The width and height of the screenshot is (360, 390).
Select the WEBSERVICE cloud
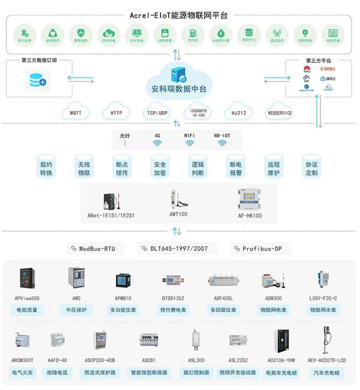280,113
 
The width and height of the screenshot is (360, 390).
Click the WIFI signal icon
189,143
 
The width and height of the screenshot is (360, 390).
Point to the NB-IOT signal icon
222,143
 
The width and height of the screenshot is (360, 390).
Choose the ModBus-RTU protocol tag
92,249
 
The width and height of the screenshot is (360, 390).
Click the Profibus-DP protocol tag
262,249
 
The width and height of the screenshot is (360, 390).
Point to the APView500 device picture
26,279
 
